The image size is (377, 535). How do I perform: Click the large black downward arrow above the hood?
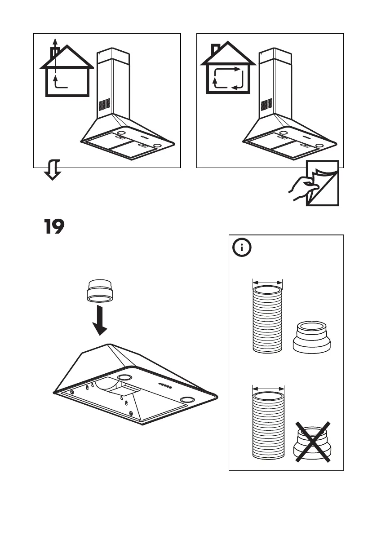click(102, 319)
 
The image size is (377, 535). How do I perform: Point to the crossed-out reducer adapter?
click(312, 442)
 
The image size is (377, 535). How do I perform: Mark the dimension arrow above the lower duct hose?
click(268, 388)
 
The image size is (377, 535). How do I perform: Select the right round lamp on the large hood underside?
click(185, 399)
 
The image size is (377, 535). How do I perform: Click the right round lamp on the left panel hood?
click(157, 146)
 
